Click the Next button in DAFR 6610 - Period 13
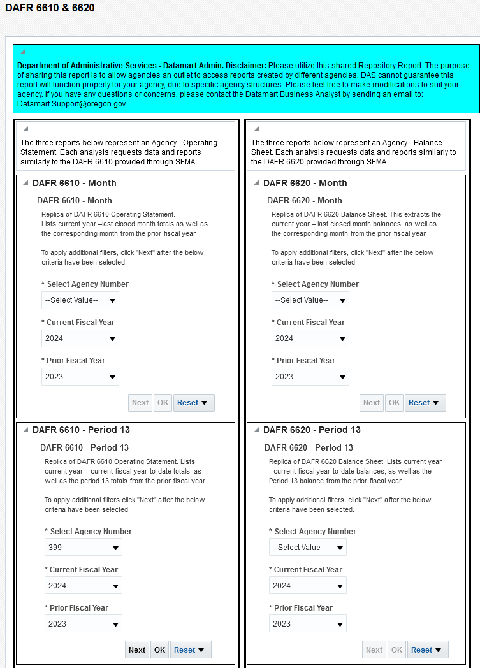pos(137,650)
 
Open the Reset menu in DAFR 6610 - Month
pos(194,403)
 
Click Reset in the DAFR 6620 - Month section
pos(425,403)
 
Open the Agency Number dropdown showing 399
pos(83,547)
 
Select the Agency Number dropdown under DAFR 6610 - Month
pos(80,300)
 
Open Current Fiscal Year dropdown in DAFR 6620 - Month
pos(310,338)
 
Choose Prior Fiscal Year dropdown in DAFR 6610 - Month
pos(80,377)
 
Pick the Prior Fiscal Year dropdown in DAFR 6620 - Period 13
pos(308,624)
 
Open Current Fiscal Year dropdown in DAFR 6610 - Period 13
pos(83,586)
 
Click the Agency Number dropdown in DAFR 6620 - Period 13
pos(308,547)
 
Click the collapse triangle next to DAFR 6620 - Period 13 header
pos(256,430)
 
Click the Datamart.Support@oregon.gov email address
pos(71,103)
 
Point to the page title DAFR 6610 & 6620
pos(50,9)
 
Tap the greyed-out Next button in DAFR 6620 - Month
pos(371,403)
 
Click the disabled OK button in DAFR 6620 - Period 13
pos(396,650)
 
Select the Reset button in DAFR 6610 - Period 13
pos(191,650)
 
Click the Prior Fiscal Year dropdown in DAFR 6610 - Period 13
pos(83,624)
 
